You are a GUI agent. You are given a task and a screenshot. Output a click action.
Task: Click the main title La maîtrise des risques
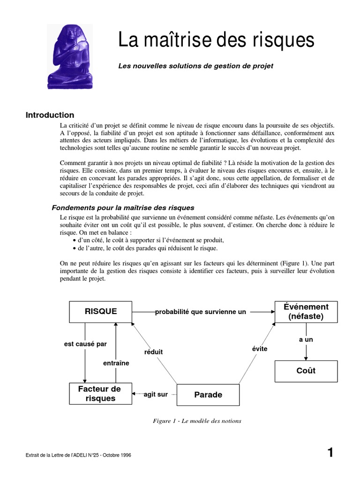pyautogui.click(x=216, y=41)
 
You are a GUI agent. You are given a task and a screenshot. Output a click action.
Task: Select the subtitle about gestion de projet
pyautogui.click(x=195, y=66)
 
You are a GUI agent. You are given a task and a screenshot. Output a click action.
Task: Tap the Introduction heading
pyautogui.click(x=50, y=115)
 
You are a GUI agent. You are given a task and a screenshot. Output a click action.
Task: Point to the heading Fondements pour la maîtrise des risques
pyautogui.click(x=123, y=208)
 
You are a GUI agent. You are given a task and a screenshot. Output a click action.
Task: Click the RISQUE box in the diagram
pyautogui.click(x=101, y=312)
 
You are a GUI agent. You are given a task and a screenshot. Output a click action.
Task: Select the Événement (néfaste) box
pyautogui.click(x=306, y=312)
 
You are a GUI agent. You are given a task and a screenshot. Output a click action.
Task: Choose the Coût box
pyautogui.click(x=306, y=371)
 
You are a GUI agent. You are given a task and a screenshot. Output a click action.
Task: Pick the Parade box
pyautogui.click(x=208, y=395)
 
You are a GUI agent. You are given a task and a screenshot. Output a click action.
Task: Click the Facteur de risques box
pyautogui.click(x=100, y=394)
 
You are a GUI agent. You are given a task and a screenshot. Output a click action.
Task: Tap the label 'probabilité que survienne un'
pyautogui.click(x=201, y=312)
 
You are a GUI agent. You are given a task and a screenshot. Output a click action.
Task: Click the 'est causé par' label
pyautogui.click(x=85, y=344)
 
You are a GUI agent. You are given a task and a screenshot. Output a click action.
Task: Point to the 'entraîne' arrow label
pyautogui.click(x=116, y=363)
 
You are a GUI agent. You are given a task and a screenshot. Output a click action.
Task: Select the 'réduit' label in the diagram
pyautogui.click(x=153, y=352)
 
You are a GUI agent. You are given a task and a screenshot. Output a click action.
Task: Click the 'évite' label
pyautogui.click(x=260, y=349)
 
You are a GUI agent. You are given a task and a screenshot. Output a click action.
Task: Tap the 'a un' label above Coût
pyautogui.click(x=306, y=339)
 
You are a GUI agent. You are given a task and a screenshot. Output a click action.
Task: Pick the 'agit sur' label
pyautogui.click(x=156, y=395)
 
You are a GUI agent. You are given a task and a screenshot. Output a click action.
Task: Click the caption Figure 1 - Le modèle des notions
pyautogui.click(x=197, y=421)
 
